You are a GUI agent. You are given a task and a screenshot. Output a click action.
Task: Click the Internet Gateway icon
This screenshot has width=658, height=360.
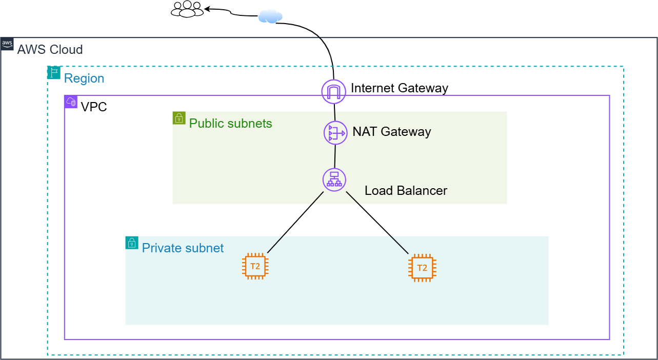pyautogui.click(x=334, y=91)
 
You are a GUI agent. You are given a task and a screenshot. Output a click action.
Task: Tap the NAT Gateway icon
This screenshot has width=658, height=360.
pyautogui.click(x=335, y=133)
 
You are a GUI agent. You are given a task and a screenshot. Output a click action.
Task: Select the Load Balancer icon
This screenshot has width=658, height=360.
pyautogui.click(x=334, y=180)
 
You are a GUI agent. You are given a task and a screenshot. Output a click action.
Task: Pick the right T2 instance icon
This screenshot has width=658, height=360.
pyautogui.click(x=422, y=268)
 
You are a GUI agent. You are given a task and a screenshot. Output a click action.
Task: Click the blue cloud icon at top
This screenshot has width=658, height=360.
pyautogui.click(x=270, y=16)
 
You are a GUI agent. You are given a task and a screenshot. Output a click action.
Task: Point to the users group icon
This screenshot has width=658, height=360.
pyautogui.click(x=187, y=9)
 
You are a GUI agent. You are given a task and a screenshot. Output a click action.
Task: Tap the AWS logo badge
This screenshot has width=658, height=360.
pyautogui.click(x=7, y=44)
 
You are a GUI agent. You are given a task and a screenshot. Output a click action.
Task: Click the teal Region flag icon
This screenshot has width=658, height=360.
pyautogui.click(x=54, y=72)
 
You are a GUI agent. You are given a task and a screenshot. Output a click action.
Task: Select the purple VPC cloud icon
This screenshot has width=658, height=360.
pyautogui.click(x=71, y=102)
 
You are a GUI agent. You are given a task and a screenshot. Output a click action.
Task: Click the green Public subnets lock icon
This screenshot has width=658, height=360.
pyautogui.click(x=179, y=118)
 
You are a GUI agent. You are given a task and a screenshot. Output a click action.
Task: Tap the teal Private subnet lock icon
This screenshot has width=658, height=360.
pyautogui.click(x=132, y=243)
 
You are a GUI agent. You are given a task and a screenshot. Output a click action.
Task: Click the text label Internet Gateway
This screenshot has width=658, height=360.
pyautogui.click(x=399, y=88)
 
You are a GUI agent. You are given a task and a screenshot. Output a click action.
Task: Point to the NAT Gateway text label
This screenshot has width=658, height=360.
pyautogui.click(x=391, y=132)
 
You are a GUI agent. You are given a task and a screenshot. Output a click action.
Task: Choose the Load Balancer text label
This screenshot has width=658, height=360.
pyautogui.click(x=406, y=191)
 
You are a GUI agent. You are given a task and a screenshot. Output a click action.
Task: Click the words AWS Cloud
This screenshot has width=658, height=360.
pyautogui.click(x=50, y=50)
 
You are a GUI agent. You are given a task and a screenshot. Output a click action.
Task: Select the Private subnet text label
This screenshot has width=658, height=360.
pyautogui.click(x=183, y=248)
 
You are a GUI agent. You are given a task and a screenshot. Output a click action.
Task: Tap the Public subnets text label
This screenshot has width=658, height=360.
pyautogui.click(x=230, y=124)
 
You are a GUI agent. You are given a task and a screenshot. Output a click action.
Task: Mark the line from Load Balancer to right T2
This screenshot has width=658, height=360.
pyautogui.click(x=377, y=223)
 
